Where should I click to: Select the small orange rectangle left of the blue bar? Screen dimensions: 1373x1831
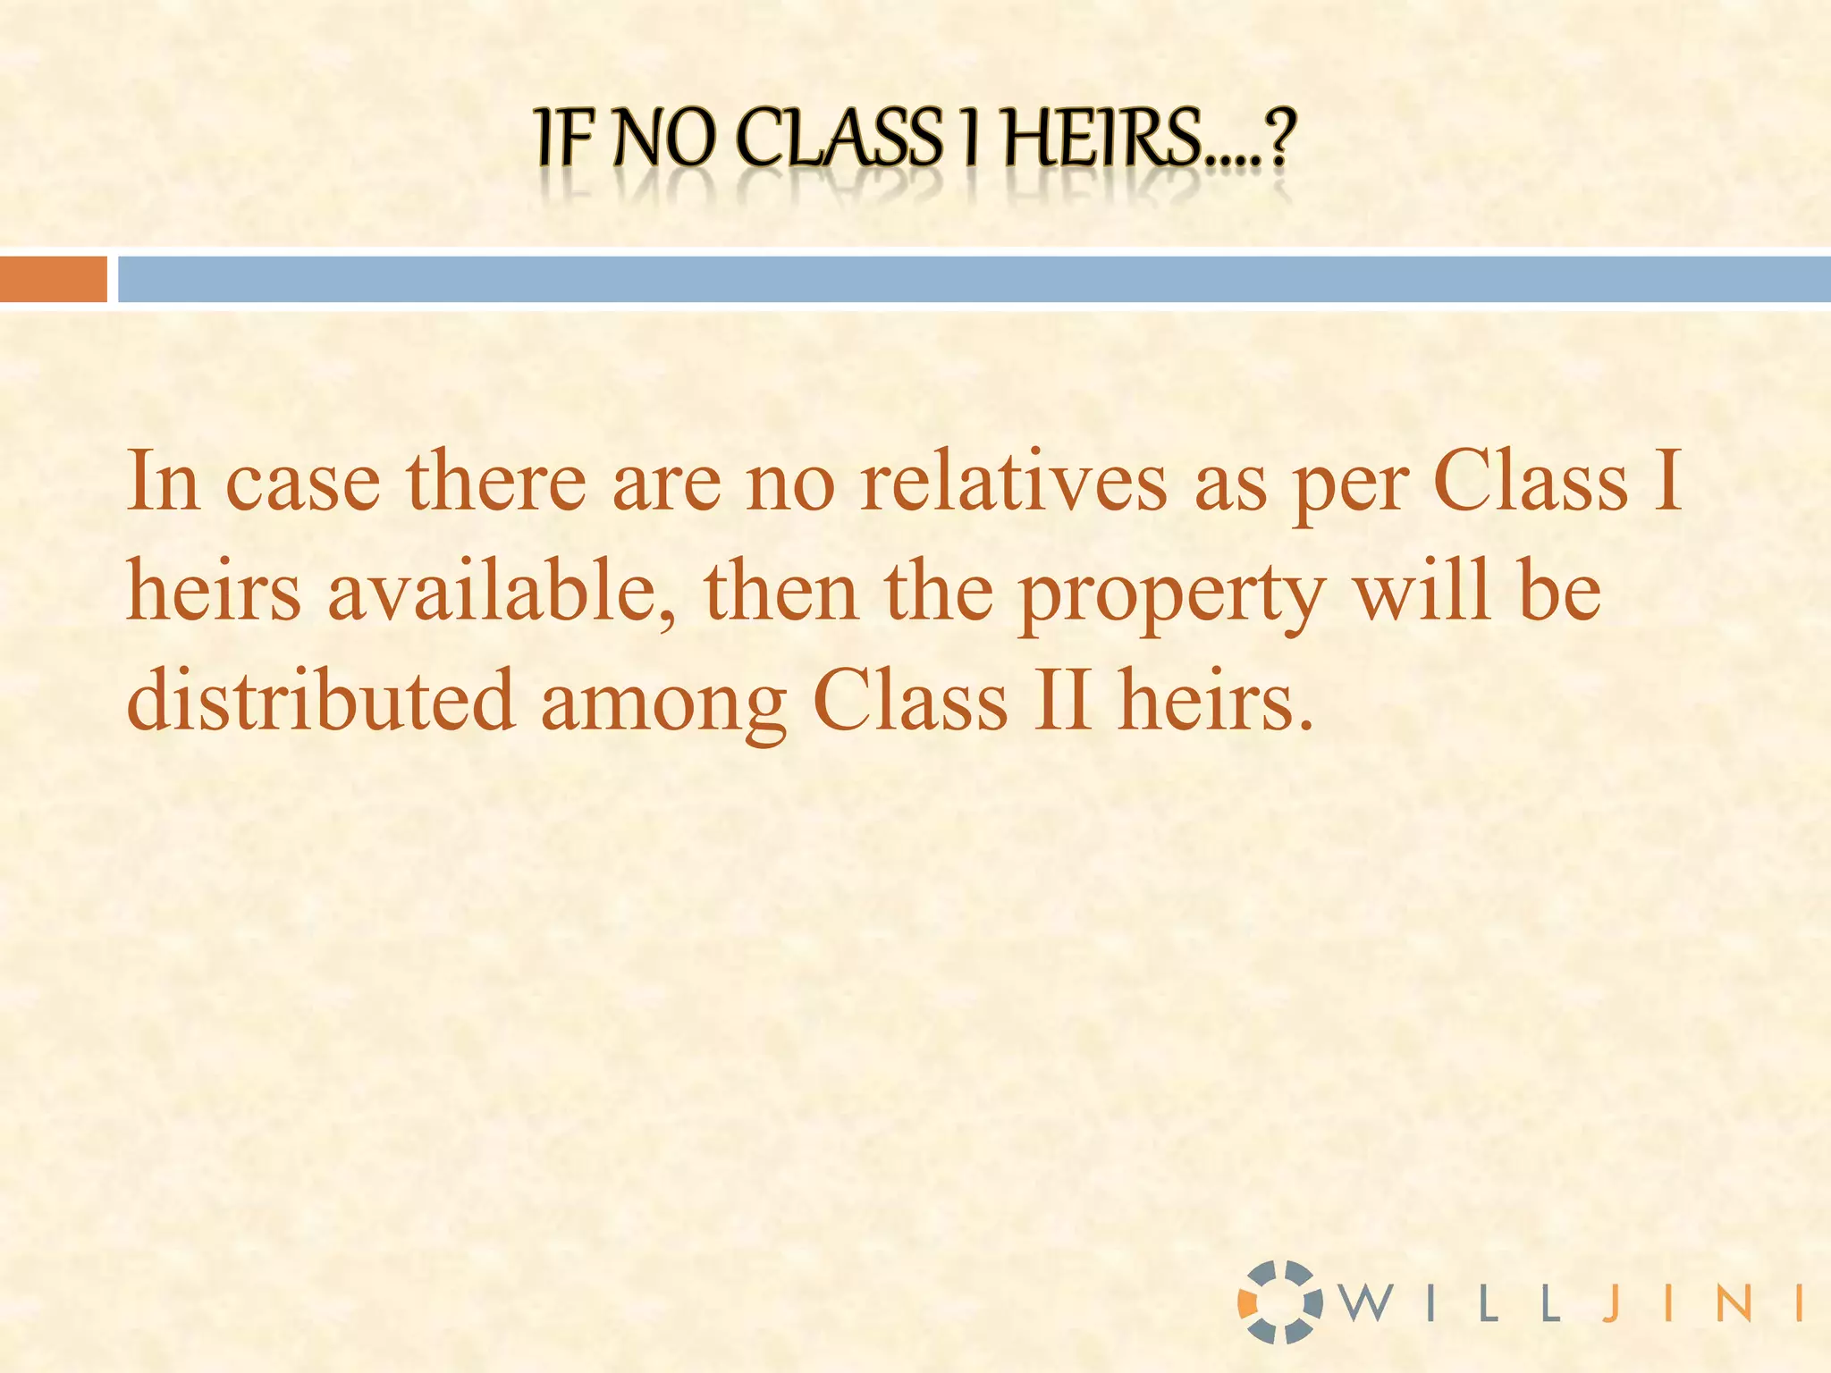click(x=53, y=279)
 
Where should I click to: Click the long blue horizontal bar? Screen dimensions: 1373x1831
click(x=974, y=279)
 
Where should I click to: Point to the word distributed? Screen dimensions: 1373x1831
click(x=321, y=701)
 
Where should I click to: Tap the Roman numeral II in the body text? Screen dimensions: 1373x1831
click(x=1063, y=701)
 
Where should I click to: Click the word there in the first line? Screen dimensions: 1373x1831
click(x=496, y=483)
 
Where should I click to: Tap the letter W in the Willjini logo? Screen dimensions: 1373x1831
click(x=1369, y=1303)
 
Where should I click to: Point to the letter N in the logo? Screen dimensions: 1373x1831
click(x=1734, y=1303)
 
